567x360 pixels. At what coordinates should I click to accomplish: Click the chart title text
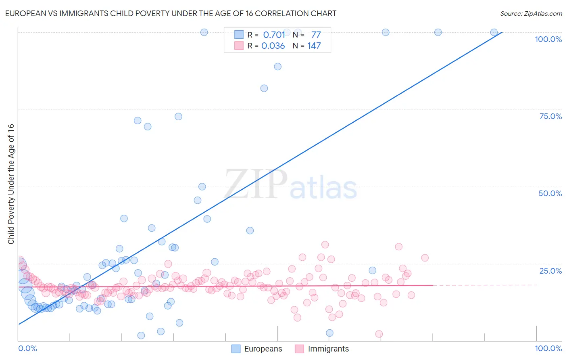coord(171,13)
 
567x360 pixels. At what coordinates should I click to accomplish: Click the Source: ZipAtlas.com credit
coord(531,13)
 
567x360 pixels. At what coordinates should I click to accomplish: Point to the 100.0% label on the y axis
coord(548,39)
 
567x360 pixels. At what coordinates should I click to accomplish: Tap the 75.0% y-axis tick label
coord(550,116)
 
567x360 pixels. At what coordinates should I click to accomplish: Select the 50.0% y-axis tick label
coord(550,193)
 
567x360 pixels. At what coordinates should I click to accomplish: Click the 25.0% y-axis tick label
coord(550,271)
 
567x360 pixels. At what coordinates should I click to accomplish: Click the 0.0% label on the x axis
coord(27,348)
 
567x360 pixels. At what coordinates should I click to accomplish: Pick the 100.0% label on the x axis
coord(548,348)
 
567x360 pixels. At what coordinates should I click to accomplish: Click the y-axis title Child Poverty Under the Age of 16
coord(11,184)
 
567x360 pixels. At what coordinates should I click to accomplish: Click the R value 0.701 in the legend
coord(274,35)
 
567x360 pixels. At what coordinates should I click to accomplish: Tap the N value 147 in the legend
coord(314,46)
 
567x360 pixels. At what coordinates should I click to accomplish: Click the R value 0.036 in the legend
coord(273,46)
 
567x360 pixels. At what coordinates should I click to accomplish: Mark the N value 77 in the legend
coord(316,35)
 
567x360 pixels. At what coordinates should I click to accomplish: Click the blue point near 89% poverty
coord(278,67)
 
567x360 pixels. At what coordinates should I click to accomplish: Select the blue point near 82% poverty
coord(264,88)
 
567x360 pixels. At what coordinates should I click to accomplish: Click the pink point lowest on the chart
coord(379,334)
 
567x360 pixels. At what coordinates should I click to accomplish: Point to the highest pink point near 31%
coord(325,245)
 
